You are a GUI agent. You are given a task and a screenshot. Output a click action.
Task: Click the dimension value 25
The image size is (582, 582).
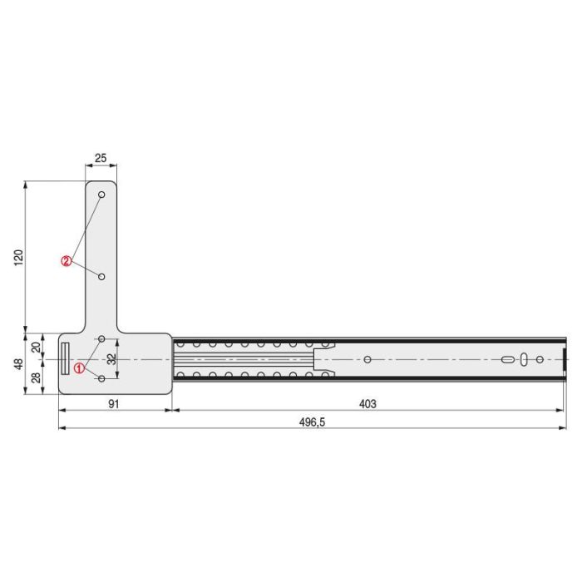101,158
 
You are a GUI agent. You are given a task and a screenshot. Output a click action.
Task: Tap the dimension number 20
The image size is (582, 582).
37,347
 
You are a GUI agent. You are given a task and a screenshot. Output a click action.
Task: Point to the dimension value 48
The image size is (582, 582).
17,363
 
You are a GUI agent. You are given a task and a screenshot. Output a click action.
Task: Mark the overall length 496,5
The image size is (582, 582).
312,422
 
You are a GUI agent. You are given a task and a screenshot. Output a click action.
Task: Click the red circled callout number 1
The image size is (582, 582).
79,367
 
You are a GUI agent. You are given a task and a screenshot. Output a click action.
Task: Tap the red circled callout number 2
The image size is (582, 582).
66,261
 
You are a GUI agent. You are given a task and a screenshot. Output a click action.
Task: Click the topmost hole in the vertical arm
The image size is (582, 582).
101,195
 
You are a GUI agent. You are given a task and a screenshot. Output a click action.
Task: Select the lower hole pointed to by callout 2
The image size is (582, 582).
101,276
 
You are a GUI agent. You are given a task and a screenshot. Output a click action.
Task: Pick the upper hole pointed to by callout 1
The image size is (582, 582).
101,339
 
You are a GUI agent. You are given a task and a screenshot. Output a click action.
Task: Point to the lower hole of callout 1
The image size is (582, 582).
101,378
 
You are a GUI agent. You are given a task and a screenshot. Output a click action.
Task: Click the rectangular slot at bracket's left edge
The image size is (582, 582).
64,359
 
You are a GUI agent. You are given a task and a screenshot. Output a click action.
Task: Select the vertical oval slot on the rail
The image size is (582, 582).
523,359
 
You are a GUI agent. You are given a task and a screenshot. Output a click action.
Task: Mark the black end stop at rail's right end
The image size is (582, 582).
565,359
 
